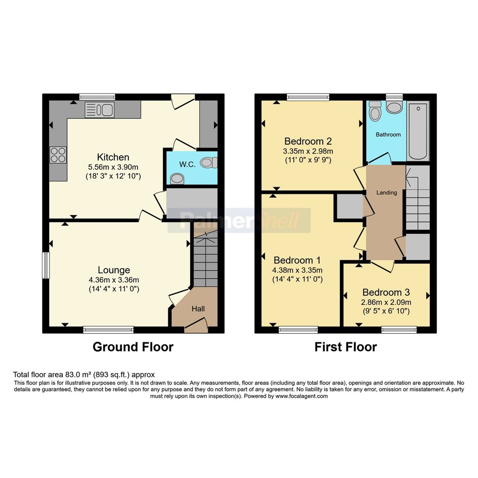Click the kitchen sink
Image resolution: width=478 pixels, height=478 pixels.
click(99, 110)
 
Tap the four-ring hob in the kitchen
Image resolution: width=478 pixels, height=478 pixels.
click(58, 155)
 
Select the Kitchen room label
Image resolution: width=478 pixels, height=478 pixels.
click(113, 157)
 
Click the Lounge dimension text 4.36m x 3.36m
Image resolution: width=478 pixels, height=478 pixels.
click(114, 280)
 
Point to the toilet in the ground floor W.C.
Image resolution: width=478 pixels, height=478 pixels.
click(209, 162)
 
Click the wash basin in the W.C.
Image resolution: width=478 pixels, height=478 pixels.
click(177, 179)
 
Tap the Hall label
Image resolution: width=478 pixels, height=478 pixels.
click(198, 309)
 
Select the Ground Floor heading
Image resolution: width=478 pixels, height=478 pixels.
click(133, 347)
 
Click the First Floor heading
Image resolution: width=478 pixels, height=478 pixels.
click(345, 347)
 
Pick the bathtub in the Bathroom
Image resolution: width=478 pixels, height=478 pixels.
click(418, 131)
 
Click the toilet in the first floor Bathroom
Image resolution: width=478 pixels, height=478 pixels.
click(375, 111)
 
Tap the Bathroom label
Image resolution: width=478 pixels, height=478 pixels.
click(388, 135)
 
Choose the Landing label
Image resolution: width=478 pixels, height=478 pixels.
click(386, 193)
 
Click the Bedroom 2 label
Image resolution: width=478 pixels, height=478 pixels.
click(308, 142)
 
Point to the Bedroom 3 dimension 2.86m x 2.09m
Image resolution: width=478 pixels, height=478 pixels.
click(386, 302)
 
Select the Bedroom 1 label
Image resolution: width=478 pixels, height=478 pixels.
click(297, 260)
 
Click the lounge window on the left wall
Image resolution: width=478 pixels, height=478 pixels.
click(46, 265)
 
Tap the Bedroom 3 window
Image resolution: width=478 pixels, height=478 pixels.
click(399, 329)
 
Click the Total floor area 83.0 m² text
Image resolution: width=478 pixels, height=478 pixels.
click(84, 375)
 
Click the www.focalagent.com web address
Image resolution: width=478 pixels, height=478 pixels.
click(301, 396)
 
